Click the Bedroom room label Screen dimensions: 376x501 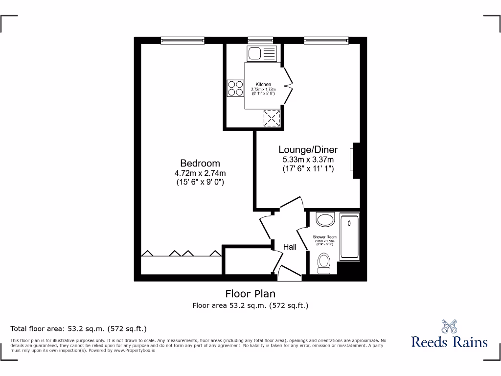[200, 163]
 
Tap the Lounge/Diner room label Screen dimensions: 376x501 [308, 150]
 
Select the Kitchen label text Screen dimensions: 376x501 [263, 85]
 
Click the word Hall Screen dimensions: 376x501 [290, 247]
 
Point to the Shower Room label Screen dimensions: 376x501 [324, 237]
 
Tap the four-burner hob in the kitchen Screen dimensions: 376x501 [235, 88]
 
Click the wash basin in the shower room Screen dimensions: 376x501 [324, 219]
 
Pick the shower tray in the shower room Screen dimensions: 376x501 [349, 236]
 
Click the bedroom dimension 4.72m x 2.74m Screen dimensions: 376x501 [200, 173]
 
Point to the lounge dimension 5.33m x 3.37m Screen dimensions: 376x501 [308, 160]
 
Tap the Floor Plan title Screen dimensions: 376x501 [250, 294]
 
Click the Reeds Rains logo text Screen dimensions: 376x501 [449, 341]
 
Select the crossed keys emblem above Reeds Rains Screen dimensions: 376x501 [449, 326]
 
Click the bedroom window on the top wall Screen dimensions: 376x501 [183, 40]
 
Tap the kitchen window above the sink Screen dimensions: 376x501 [260, 40]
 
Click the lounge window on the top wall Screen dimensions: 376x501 [326, 40]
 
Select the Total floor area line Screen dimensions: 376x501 [78, 329]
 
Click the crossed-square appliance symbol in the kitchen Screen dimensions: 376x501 [271, 117]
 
